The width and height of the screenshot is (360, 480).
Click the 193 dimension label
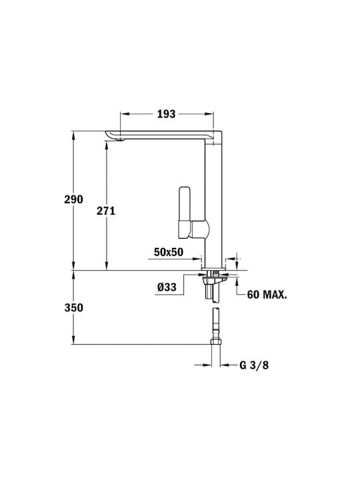tap(166, 114)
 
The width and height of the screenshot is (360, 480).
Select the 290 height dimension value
tap(73, 199)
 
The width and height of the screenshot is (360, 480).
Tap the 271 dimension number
tap(106, 211)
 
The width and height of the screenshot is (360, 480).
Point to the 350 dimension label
tap(73, 307)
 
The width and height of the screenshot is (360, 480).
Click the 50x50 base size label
tap(169, 252)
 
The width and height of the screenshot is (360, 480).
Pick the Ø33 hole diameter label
tap(167, 287)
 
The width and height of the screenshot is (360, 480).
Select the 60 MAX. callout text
tap(267, 295)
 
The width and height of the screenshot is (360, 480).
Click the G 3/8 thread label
tap(254, 365)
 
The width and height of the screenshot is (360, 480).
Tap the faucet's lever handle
tap(184, 212)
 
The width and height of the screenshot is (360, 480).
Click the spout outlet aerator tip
tap(121, 139)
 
